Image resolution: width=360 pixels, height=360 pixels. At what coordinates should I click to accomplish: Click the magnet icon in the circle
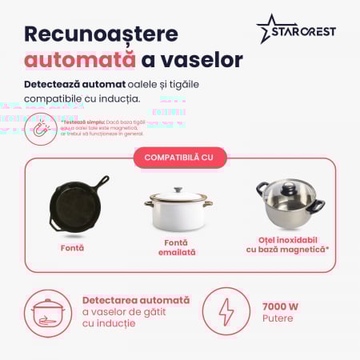pos(40,128)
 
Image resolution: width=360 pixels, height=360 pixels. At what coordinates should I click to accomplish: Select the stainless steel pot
pos(290,206)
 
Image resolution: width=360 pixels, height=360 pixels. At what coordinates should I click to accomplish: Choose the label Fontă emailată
pos(178,247)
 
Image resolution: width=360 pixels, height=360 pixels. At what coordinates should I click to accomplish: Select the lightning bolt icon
pos(224,310)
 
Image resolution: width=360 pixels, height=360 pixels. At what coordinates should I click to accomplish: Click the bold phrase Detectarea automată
pos(136,300)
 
